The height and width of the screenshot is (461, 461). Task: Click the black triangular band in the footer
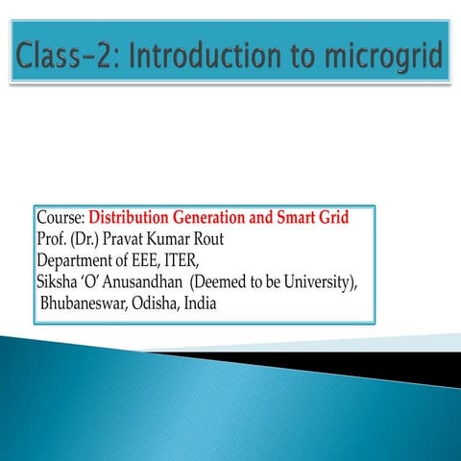(x=384, y=366)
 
